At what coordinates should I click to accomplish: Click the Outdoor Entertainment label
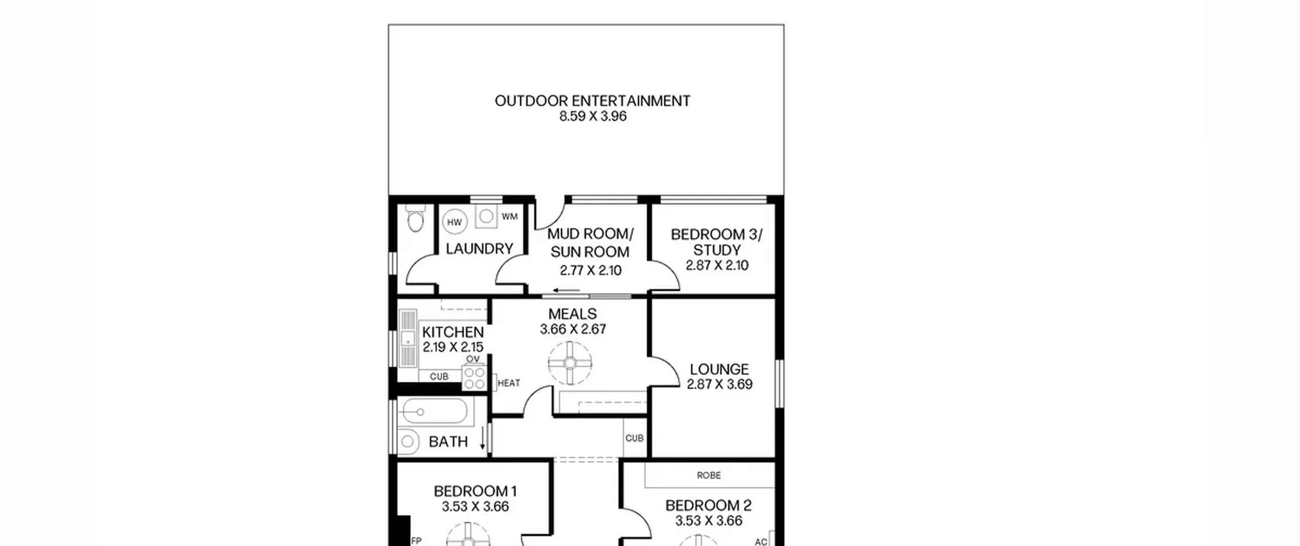pyautogui.click(x=592, y=101)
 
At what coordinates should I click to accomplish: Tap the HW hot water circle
pyautogui.click(x=454, y=222)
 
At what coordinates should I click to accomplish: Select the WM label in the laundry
pyautogui.click(x=509, y=217)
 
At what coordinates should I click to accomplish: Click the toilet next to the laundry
pyautogui.click(x=415, y=218)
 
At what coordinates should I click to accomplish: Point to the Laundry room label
pyautogui.click(x=479, y=249)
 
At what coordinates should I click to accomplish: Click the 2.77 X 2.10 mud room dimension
pyautogui.click(x=591, y=271)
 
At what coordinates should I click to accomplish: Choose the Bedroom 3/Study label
pyautogui.click(x=717, y=242)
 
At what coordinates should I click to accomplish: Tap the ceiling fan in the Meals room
pyautogui.click(x=570, y=363)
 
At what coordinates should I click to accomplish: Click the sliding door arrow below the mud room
pyautogui.click(x=566, y=291)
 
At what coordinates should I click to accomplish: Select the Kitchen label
pyautogui.click(x=453, y=332)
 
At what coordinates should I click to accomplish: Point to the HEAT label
pyautogui.click(x=509, y=383)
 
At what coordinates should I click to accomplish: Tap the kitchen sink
pyautogui.click(x=407, y=338)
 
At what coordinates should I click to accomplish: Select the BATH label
pyautogui.click(x=448, y=442)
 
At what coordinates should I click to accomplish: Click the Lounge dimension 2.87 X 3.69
pyautogui.click(x=720, y=384)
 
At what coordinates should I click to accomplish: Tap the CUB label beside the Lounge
pyautogui.click(x=634, y=438)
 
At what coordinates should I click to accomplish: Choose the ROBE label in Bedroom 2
pyautogui.click(x=709, y=475)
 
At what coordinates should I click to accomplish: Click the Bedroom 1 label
pyautogui.click(x=475, y=491)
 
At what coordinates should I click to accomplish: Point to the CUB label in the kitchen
pyautogui.click(x=439, y=377)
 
